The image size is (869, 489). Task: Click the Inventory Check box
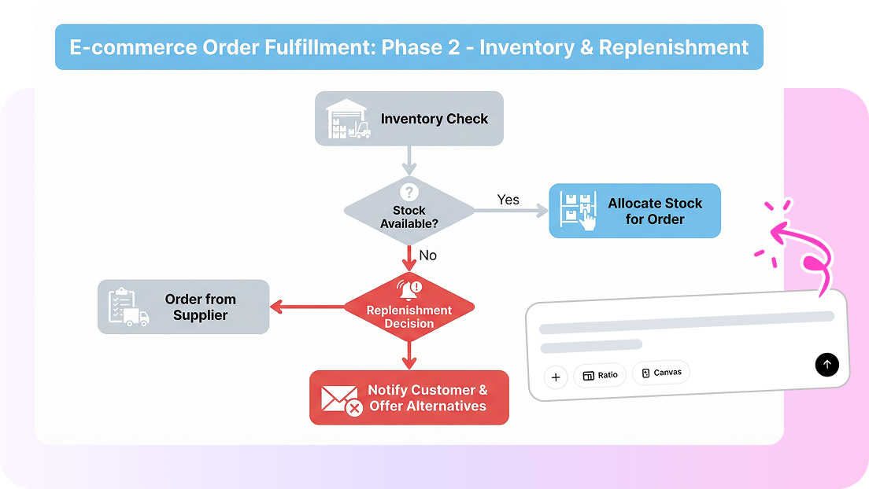point(409,119)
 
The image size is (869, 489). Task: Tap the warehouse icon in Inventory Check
point(347,119)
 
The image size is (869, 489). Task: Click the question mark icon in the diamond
point(409,193)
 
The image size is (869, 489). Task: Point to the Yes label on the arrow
point(508,200)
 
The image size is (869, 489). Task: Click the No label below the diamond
point(427,256)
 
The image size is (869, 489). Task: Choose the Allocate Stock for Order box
point(634,211)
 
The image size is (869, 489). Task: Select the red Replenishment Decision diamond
point(409,307)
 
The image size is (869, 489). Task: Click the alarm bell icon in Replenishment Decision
point(409,289)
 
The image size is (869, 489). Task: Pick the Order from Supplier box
point(183,307)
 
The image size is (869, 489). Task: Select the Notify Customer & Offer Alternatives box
point(409,398)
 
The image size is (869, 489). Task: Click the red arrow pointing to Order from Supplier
point(307,307)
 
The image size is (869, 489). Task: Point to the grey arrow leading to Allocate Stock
point(512,211)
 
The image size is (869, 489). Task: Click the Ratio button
point(600,375)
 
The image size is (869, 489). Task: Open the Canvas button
point(660,372)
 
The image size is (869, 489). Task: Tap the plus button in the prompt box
point(556,377)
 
